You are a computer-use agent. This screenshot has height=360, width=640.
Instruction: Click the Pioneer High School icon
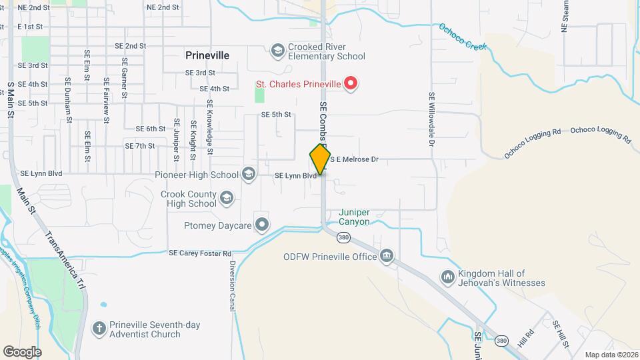point(249,175)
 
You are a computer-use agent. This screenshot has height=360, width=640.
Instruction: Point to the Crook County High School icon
point(227,198)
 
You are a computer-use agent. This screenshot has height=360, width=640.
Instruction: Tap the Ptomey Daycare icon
point(262,225)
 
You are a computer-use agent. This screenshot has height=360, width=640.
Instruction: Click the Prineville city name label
point(207,56)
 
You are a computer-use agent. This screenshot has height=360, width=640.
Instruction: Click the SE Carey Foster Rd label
point(200,253)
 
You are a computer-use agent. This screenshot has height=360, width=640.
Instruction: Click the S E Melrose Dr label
point(354,159)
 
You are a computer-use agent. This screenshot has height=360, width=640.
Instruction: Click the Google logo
point(22,351)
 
